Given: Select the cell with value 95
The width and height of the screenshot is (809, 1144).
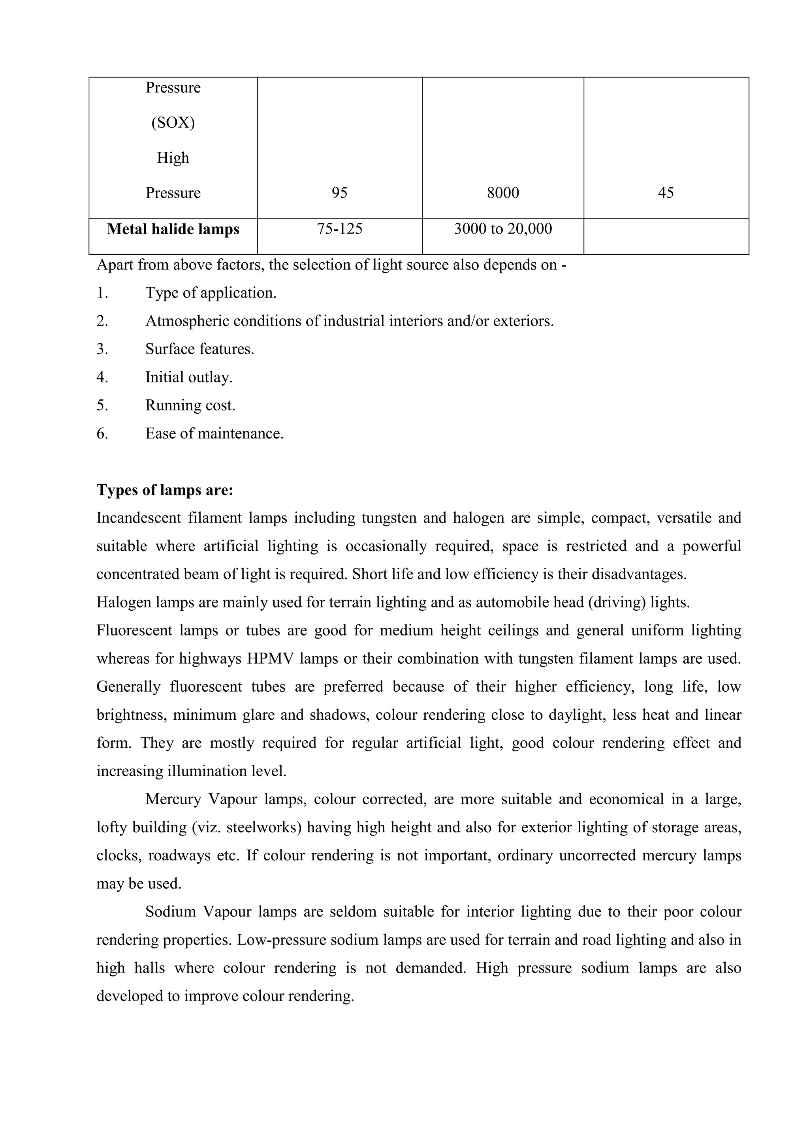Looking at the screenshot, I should click(x=339, y=193).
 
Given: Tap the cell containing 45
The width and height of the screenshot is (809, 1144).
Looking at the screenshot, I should click(x=666, y=193).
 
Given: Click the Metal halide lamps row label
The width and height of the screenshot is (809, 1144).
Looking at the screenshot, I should click(x=173, y=229).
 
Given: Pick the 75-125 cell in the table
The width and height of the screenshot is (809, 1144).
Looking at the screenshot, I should click(x=339, y=229).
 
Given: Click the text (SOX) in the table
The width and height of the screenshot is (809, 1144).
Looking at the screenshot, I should click(x=173, y=122).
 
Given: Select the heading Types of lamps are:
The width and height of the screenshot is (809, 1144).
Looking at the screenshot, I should click(x=165, y=490).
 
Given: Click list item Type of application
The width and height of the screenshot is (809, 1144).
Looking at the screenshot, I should click(x=211, y=293).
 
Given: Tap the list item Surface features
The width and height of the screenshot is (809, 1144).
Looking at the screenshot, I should click(x=200, y=349).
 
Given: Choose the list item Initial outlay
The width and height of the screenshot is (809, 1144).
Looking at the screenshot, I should click(x=189, y=377).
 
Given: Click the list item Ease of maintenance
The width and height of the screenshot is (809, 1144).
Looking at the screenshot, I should click(x=214, y=433).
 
